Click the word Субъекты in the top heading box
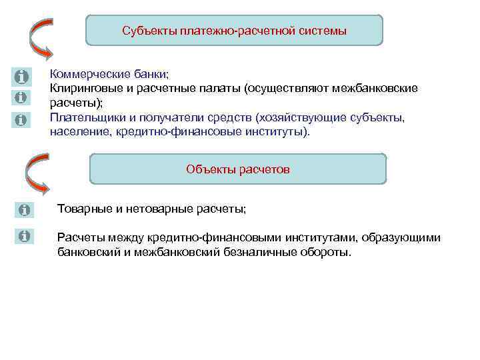click(x=148, y=31)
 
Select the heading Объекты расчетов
click(x=237, y=169)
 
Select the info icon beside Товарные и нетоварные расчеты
click(x=25, y=210)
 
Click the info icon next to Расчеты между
click(x=25, y=237)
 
